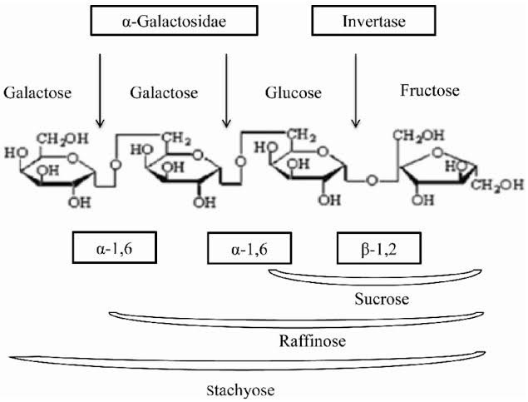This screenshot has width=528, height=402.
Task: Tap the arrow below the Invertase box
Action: pyautogui.click(x=357, y=91)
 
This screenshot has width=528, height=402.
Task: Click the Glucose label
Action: pyautogui.click(x=293, y=92)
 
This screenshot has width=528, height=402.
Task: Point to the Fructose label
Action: pyautogui.click(x=429, y=90)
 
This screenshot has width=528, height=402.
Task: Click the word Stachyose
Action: pyautogui.click(x=239, y=388)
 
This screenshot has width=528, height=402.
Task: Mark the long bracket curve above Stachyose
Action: pyautogui.click(x=241, y=361)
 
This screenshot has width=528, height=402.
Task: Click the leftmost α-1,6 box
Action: pyautogui.click(x=112, y=247)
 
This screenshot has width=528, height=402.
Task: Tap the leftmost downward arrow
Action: pyautogui.click(x=100, y=91)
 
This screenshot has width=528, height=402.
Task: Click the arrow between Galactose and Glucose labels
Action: pyautogui.click(x=226, y=91)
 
